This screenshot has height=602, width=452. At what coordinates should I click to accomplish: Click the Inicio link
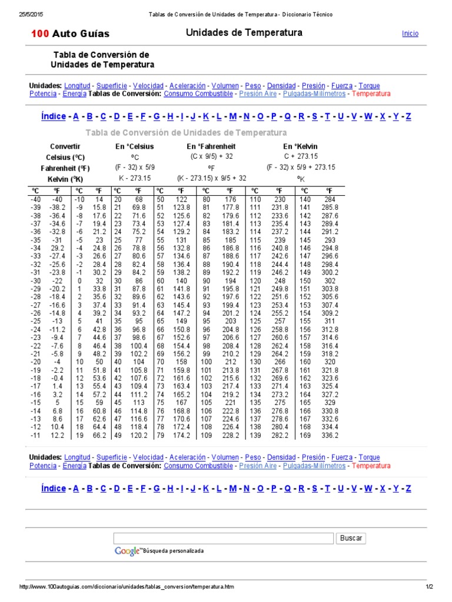click(410, 34)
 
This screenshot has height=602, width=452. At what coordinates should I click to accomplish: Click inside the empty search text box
click(224, 538)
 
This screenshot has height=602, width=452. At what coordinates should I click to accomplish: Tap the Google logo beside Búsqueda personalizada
click(127, 551)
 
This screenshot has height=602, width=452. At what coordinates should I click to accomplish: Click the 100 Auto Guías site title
click(70, 34)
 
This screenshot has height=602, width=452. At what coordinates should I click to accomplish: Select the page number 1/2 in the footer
click(429, 587)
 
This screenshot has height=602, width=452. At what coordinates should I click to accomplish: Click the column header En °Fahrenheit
click(211, 146)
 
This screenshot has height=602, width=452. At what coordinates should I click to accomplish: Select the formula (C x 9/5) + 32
click(211, 157)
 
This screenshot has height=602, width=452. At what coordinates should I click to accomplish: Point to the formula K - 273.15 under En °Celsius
click(135, 178)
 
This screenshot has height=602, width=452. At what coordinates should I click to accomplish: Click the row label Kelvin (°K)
click(65, 179)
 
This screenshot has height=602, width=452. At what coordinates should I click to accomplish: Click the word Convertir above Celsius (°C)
click(65, 146)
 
